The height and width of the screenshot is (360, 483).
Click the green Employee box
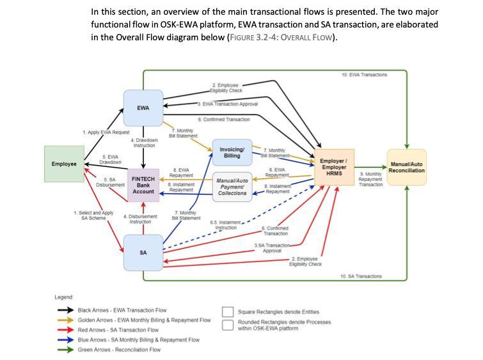(64, 164)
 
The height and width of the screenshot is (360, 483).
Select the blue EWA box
(143, 107)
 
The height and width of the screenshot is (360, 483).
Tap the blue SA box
(143, 253)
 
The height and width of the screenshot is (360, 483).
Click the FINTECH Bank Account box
(143, 185)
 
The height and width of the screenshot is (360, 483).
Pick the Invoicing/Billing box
(232, 153)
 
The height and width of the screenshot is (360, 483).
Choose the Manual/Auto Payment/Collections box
(232, 187)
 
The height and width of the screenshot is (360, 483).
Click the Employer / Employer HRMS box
(334, 168)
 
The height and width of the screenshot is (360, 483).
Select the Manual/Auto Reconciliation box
(407, 168)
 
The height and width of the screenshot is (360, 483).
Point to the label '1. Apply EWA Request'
(106, 132)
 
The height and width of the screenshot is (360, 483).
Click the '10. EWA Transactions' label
(364, 75)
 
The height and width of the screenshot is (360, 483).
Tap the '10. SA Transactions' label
(361, 276)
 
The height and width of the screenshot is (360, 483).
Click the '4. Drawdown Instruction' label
(144, 143)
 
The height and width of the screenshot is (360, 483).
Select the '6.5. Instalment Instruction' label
(225, 225)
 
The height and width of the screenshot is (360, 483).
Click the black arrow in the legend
(65, 310)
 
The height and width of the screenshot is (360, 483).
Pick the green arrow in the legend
(65, 350)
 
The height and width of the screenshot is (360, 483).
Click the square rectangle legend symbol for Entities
(228, 312)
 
